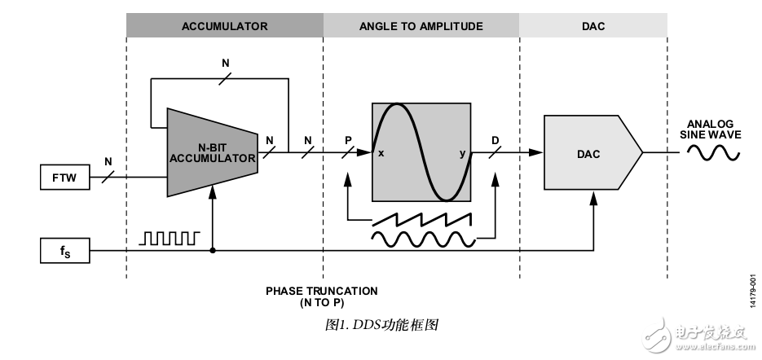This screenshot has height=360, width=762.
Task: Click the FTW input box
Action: point(64,177)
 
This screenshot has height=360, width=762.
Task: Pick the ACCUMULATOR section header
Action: point(224,26)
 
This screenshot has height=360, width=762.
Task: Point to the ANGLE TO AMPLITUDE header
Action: point(421,26)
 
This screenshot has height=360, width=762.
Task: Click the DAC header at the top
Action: point(592,26)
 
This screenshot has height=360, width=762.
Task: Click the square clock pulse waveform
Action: point(170,238)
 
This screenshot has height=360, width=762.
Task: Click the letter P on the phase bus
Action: point(348,139)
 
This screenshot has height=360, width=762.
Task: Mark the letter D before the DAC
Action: point(495,139)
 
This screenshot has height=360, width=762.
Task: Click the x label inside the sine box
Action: point(381,152)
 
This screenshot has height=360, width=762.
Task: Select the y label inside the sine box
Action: point(461,152)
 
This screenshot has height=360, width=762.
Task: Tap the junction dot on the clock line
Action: point(213,251)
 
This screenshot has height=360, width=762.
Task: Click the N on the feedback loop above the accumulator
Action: point(226,62)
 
